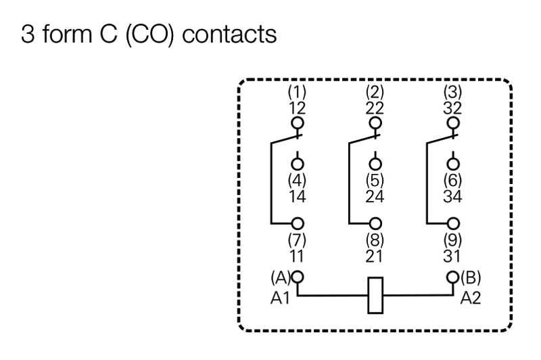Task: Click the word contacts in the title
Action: (x=229, y=34)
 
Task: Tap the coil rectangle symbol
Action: (x=375, y=295)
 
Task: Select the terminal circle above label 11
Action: (x=298, y=224)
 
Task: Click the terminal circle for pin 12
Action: (x=298, y=122)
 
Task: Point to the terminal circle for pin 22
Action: (x=375, y=122)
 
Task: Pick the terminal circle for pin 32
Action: (x=453, y=122)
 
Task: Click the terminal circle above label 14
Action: (x=298, y=164)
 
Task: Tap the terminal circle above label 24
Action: (x=375, y=164)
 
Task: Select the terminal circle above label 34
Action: (x=453, y=164)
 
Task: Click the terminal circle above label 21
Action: (x=375, y=224)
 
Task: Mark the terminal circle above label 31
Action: (x=453, y=224)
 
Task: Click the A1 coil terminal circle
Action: (x=298, y=277)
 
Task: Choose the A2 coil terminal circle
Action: (x=453, y=277)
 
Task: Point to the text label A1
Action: (x=280, y=298)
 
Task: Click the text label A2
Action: (x=470, y=298)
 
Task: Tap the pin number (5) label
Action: (x=375, y=180)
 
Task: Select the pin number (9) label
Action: (x=452, y=239)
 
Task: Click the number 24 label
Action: (x=375, y=196)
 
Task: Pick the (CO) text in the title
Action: (x=149, y=35)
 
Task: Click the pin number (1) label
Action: (x=297, y=91)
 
